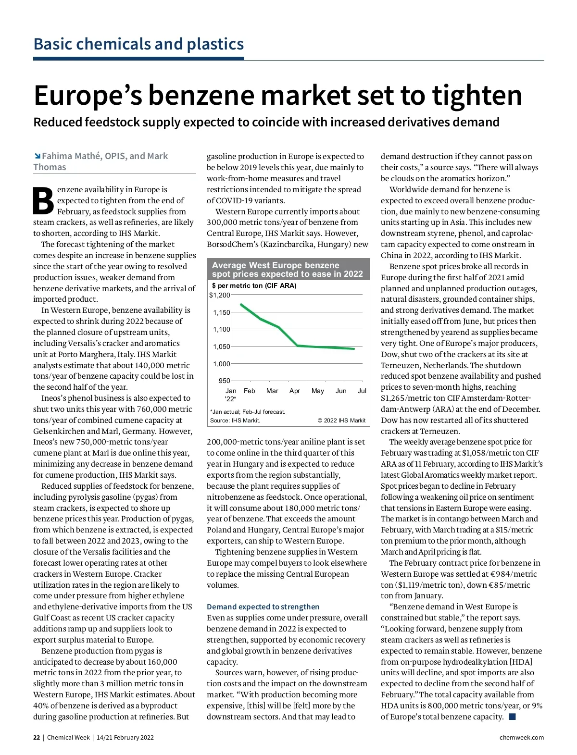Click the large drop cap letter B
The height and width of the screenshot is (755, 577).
[44, 200]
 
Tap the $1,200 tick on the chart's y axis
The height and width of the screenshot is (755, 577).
[220, 295]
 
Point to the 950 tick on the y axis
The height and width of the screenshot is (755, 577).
[224, 381]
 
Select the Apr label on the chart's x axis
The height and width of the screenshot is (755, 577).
[295, 391]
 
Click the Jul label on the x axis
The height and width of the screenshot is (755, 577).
[362, 391]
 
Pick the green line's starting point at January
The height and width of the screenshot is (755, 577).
[241, 304]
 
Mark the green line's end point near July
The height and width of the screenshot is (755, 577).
[354, 349]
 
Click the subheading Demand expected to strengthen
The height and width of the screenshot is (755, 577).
[263, 606]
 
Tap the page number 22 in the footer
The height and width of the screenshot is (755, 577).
[37, 737]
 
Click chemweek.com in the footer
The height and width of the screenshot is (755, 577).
[522, 737]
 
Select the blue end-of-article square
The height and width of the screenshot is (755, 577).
[512, 717]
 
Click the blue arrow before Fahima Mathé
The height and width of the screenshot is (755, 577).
[37, 156]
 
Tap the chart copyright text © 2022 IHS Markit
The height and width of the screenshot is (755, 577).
[341, 421]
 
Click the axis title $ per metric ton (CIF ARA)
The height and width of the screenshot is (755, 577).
[254, 285]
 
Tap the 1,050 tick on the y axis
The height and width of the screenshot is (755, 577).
[222, 347]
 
